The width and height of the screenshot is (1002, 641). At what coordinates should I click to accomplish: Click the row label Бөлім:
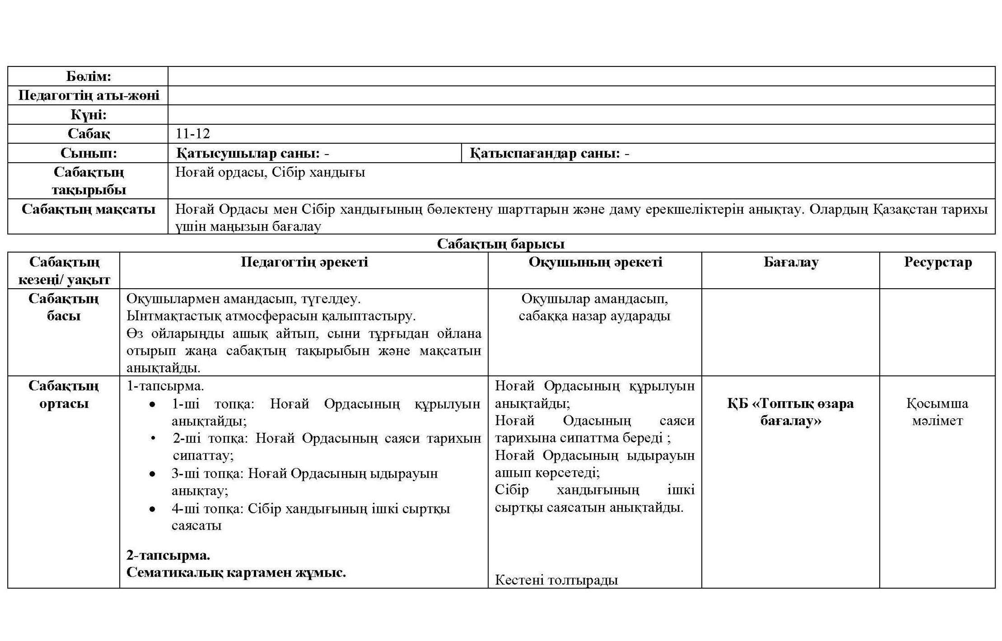click(x=88, y=76)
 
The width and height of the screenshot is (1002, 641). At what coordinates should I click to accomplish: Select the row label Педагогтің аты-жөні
click(x=89, y=95)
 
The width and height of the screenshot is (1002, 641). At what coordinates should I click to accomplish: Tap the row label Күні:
click(x=89, y=115)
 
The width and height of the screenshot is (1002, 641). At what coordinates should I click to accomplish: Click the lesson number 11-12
click(x=193, y=134)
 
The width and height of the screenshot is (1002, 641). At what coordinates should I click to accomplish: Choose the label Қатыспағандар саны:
click(x=544, y=154)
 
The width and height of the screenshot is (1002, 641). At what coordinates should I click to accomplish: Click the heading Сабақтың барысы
click(x=500, y=244)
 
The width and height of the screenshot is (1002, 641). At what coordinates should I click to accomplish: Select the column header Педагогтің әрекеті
click(x=304, y=262)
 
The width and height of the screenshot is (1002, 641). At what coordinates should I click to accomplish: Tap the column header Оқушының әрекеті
click(x=595, y=262)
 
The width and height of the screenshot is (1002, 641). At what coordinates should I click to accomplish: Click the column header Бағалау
click(x=791, y=262)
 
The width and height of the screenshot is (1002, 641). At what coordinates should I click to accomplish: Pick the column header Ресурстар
click(x=937, y=262)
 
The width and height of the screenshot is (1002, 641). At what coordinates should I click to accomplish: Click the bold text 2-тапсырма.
click(x=168, y=555)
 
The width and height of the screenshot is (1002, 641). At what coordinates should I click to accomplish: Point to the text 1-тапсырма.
click(x=165, y=386)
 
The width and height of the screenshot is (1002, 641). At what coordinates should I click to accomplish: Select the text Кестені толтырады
click(x=556, y=580)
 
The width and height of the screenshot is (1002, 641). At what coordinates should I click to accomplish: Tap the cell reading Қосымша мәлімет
click(x=937, y=412)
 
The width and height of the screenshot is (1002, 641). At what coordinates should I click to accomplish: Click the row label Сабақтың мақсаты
click(x=89, y=209)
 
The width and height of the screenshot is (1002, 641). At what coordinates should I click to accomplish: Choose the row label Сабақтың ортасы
click(x=64, y=394)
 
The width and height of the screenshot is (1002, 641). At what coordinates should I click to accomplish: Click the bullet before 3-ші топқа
click(x=153, y=474)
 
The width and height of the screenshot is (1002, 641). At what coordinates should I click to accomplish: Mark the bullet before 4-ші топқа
click(x=153, y=509)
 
